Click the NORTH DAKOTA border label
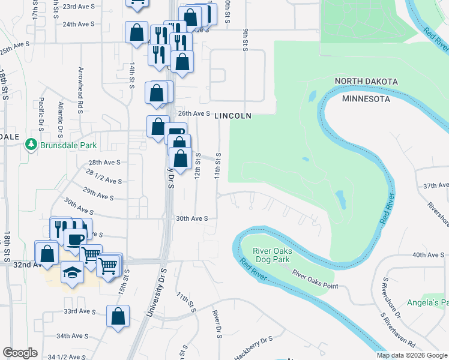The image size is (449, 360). click(366, 81)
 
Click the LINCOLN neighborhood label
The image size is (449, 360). click(232, 115)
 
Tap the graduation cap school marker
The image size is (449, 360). click(72, 273)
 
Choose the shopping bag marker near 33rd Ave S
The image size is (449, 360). click(118, 316)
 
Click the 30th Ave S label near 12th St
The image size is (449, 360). click(191, 218)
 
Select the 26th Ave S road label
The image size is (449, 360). click(194, 113)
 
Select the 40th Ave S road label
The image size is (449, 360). click(427, 254)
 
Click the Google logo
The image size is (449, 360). click(20, 353)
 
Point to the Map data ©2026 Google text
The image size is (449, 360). click(411, 355)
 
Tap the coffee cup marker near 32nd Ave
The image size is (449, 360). click(75, 239)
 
